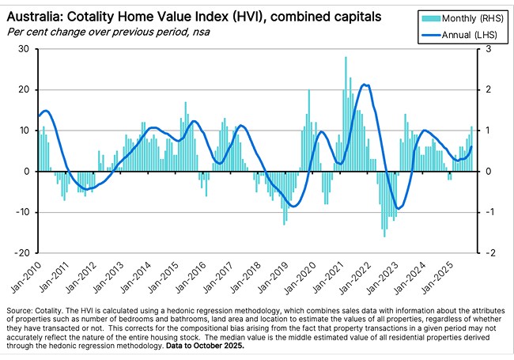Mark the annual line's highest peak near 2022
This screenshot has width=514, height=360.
click(x=364, y=85)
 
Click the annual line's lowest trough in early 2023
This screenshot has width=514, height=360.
click(x=398, y=208)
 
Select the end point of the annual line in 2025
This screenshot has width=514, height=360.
click(x=472, y=146)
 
